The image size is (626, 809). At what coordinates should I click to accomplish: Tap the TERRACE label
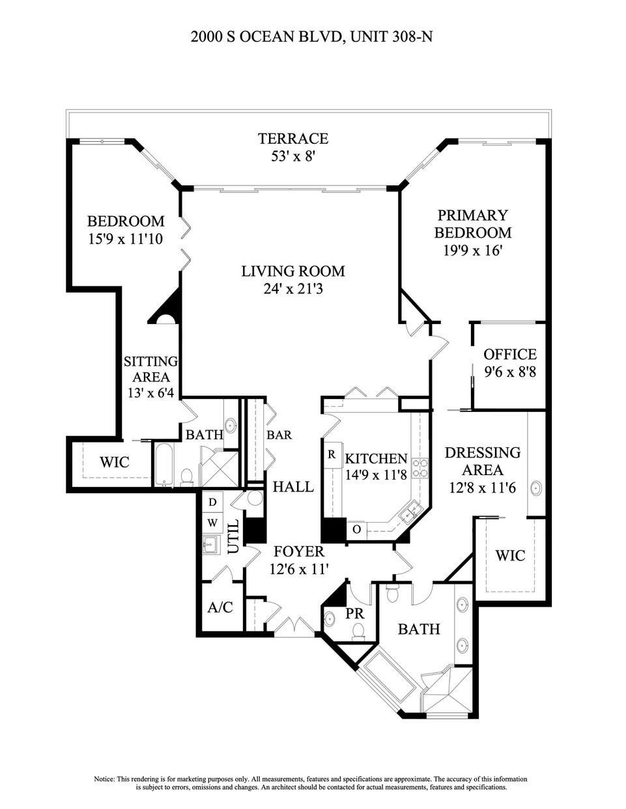pos(292,139)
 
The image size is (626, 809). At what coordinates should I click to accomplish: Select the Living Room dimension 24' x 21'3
pos(293,288)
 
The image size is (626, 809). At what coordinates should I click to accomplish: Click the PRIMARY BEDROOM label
pos(473,224)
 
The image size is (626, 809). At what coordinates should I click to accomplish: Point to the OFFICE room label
pos(509,355)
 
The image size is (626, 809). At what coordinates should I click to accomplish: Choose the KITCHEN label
pos(376,459)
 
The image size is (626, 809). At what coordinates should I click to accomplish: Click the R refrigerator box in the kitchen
pos(332,454)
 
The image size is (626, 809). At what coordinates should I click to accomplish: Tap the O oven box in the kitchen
pos(356,529)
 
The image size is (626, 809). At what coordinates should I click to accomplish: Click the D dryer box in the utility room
pos(212,502)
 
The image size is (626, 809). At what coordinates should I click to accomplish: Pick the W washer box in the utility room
pos(212,523)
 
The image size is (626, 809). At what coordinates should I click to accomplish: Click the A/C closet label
pos(220,608)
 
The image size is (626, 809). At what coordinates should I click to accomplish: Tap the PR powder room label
pos(354,613)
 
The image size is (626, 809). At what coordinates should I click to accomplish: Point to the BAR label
pos(279,435)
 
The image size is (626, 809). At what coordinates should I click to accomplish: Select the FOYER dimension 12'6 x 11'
pos(297,568)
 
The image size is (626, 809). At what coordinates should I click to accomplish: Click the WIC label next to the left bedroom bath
pos(114,462)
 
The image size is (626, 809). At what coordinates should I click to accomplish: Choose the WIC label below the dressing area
pos(510,555)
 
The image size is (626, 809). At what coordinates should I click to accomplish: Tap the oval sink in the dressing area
pos(537,488)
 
